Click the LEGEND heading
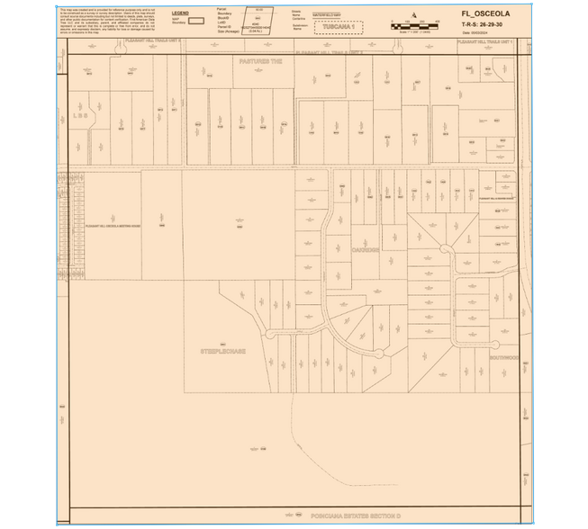click(180, 13)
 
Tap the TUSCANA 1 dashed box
click(339, 27)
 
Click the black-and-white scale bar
click(414, 26)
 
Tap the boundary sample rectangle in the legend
click(194, 22)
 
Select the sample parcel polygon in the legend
click(259, 21)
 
